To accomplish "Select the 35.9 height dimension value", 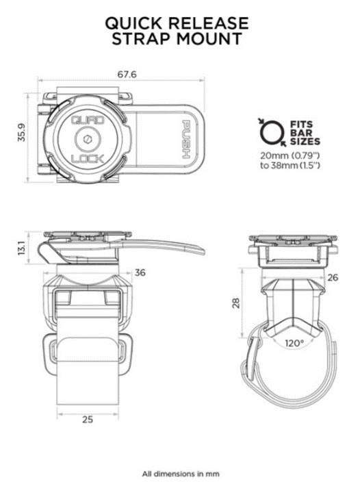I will [x=22, y=133].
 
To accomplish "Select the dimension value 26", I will [x=333, y=277].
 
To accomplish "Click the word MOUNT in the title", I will [x=209, y=39].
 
